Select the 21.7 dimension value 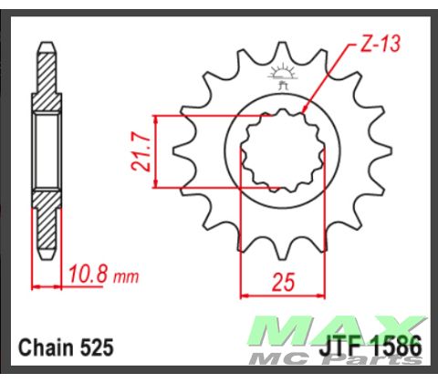point(141,152)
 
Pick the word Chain point(45,347)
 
